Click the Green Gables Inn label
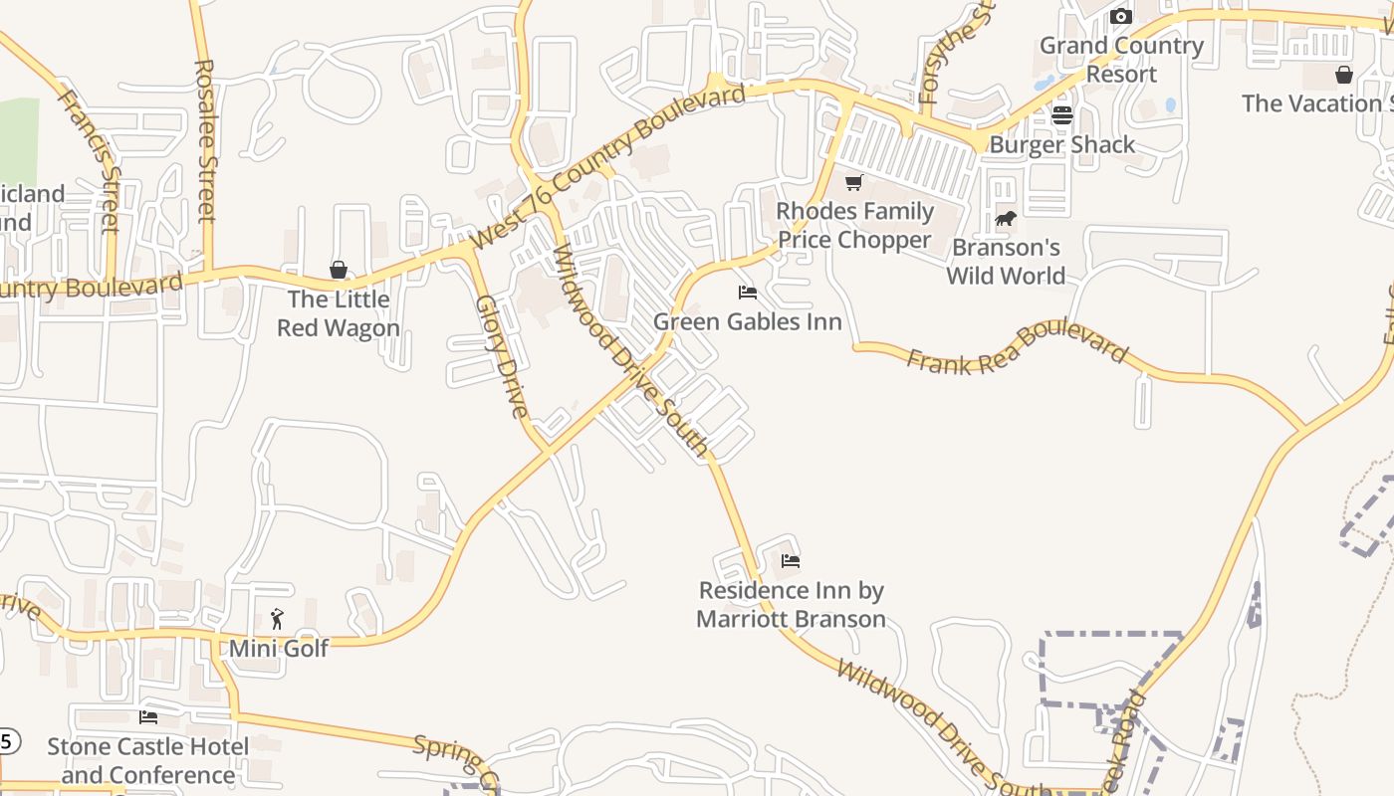click(747, 321)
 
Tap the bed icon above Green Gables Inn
click(747, 293)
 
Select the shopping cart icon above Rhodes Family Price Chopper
click(853, 182)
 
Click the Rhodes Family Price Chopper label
click(854, 226)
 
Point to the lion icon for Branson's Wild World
click(1005, 218)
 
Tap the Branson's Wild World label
click(1006, 262)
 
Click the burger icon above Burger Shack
click(1061, 115)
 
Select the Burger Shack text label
click(1061, 145)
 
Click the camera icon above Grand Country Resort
click(1121, 16)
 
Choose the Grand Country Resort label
click(1121, 60)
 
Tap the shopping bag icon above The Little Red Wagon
click(339, 270)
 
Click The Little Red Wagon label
click(339, 313)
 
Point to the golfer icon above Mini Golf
click(278, 619)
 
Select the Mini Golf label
click(279, 649)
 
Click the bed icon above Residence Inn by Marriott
click(791, 561)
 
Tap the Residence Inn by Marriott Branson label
click(791, 605)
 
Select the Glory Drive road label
click(501, 355)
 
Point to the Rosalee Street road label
click(204, 140)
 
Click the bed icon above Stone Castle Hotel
click(148, 716)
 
